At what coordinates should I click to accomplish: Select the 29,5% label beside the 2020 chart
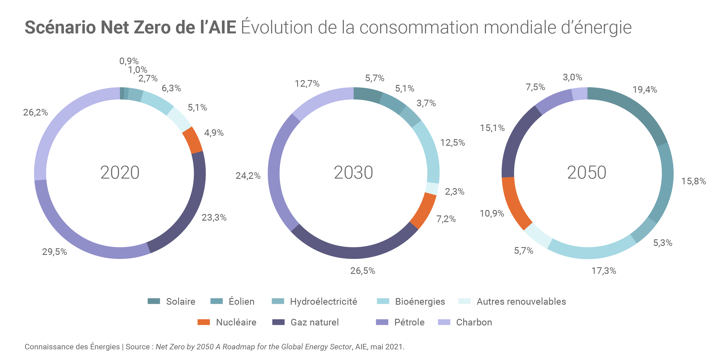click(x=54, y=252)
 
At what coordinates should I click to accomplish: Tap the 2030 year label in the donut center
click(x=353, y=173)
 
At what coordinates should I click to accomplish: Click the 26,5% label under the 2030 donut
click(x=363, y=271)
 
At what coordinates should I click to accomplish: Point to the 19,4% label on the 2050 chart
click(x=645, y=90)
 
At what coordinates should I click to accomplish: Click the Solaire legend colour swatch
click(x=154, y=301)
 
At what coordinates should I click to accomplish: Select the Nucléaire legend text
click(x=236, y=322)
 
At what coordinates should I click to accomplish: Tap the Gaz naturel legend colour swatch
click(x=278, y=322)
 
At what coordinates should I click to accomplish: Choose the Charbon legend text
click(x=474, y=322)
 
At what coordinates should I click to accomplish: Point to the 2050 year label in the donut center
click(x=587, y=173)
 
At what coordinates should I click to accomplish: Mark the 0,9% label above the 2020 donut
click(x=129, y=61)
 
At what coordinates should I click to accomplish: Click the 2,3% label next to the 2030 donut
click(x=454, y=192)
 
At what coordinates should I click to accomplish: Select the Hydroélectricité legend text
click(x=323, y=302)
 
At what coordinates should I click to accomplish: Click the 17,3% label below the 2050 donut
click(x=604, y=271)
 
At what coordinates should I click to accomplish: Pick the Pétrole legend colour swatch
click(x=382, y=322)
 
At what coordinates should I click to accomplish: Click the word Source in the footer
click(x=138, y=347)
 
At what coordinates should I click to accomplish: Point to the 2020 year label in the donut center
click(x=120, y=173)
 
